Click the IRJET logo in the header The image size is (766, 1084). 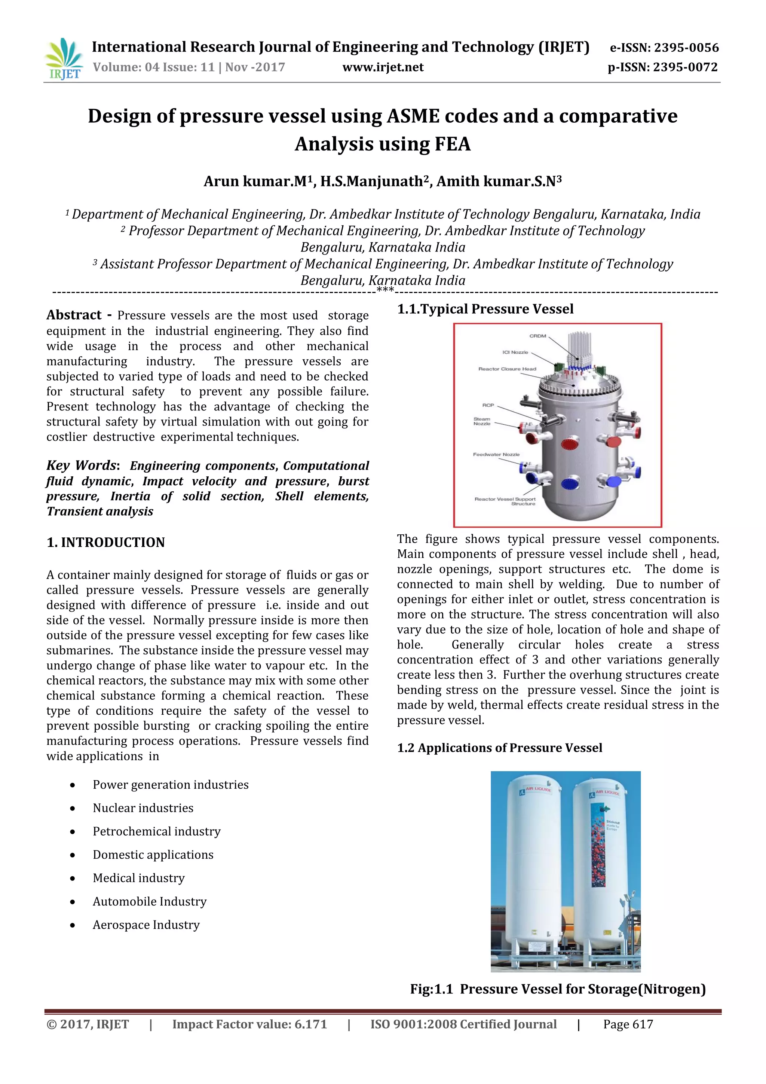(x=64, y=59)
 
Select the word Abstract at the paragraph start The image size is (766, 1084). (x=74, y=315)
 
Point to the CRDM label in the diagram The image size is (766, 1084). (x=537, y=336)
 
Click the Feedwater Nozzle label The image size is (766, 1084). (x=496, y=454)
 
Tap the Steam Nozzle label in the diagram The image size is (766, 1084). (x=482, y=421)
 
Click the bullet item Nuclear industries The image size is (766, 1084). (x=143, y=808)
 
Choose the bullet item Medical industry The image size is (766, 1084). (x=139, y=878)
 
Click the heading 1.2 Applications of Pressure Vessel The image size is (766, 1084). (x=499, y=748)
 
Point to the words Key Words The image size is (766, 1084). (x=81, y=465)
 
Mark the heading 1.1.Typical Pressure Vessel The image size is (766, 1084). (x=485, y=309)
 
